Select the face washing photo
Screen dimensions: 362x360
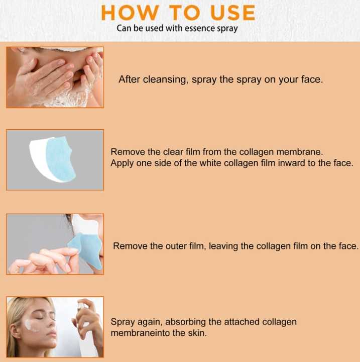[55, 77]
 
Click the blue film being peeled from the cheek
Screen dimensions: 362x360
[85, 246]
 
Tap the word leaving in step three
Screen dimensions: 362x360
[223, 246]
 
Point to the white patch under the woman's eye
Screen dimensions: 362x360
[33, 322]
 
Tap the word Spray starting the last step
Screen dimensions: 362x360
[122, 322]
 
